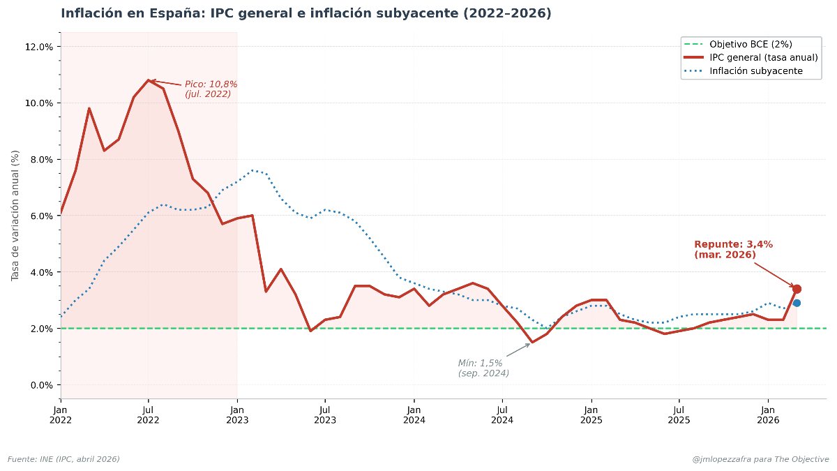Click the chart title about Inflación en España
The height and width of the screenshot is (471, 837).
tap(306, 13)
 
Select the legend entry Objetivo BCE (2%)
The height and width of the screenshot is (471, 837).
tap(751, 44)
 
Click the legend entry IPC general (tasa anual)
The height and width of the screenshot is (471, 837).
tap(763, 57)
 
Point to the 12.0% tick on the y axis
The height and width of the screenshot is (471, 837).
tap(38, 47)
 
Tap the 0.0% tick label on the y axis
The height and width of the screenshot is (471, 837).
tap(40, 384)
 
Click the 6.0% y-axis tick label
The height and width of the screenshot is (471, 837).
tap(40, 216)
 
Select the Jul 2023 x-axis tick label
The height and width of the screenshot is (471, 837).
tap(324, 414)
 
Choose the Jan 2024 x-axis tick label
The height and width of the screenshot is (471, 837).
tap(413, 414)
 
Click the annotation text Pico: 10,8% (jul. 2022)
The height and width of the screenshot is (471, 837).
tap(211, 89)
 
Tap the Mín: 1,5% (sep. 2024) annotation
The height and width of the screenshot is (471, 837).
tap(483, 368)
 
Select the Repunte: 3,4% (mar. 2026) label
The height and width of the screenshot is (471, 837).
tap(733, 249)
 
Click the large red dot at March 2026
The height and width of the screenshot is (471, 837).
tap(797, 289)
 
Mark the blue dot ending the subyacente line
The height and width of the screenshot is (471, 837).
tap(797, 303)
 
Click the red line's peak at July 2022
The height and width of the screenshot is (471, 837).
tap(149, 80)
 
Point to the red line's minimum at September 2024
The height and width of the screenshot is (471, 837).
tap(531, 343)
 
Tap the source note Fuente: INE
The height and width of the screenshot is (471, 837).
tap(63, 458)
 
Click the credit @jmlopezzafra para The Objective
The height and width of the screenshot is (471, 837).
tap(760, 458)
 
